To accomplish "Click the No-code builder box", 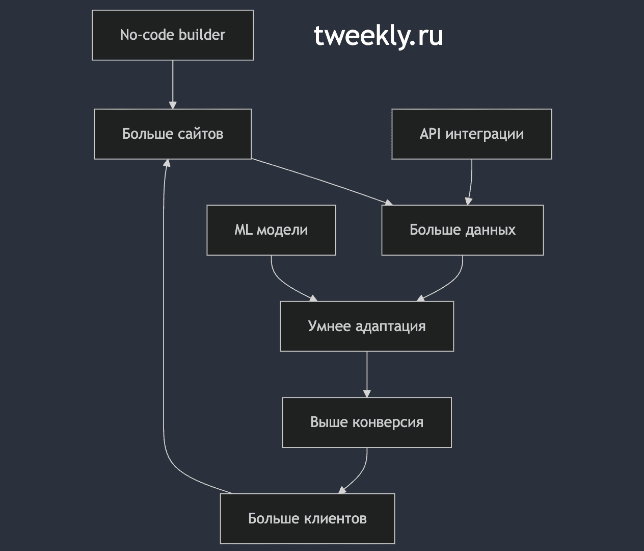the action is click(173, 35).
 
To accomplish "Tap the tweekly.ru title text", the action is click(378, 36).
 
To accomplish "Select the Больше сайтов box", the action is click(173, 134).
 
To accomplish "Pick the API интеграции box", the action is click(472, 134).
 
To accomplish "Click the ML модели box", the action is click(271, 230).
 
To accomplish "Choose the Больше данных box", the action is click(462, 230).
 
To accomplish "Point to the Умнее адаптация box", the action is click(367, 326).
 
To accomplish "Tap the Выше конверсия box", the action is click(367, 422).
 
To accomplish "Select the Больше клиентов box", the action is click(307, 518).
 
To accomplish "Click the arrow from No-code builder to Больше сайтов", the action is click(173, 85).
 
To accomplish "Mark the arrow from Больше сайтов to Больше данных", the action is click(322, 182).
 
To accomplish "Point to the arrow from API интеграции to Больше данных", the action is click(470, 182).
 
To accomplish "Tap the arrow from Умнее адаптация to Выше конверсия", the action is click(367, 374).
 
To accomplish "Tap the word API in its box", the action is click(430, 134).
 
